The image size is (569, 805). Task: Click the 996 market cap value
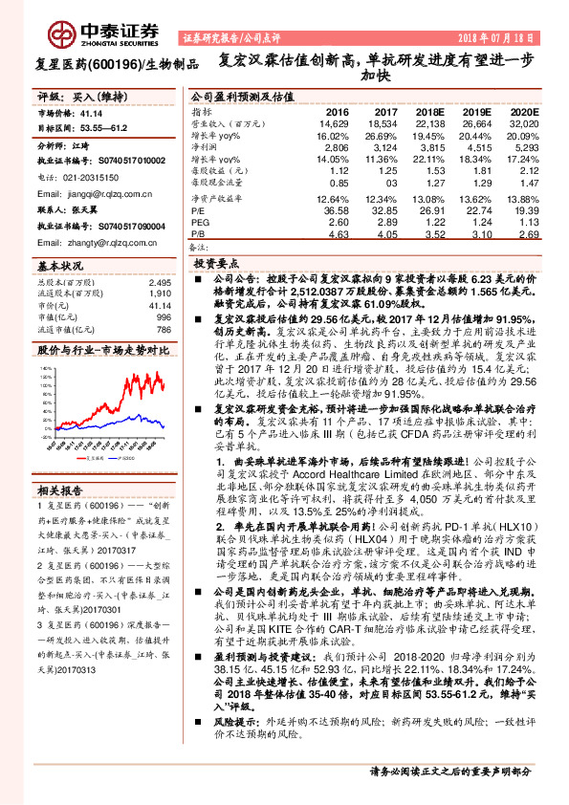pyautogui.click(x=163, y=317)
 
